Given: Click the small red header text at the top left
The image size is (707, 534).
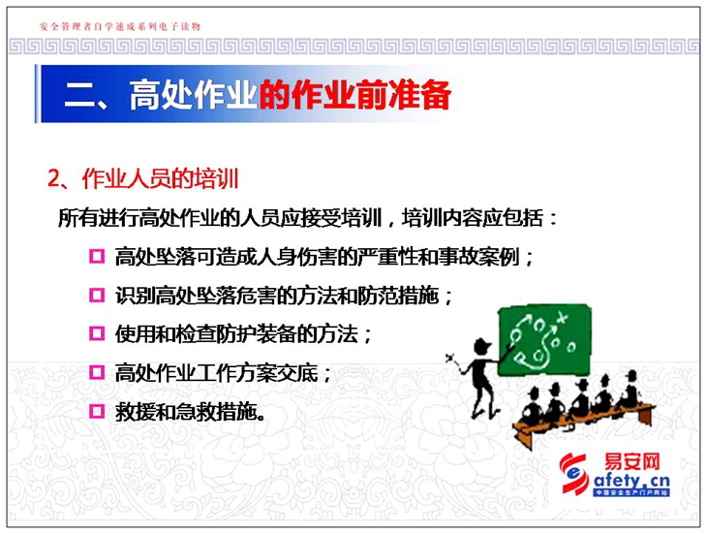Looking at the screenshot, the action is pos(120,26).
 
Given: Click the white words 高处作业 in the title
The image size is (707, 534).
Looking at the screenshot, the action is pos(193,95).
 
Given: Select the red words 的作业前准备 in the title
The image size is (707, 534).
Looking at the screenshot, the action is pos(354,95).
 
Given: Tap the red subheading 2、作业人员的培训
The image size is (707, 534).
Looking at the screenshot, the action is pos(143,178).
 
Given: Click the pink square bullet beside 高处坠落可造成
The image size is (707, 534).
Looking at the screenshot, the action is pos(97,256).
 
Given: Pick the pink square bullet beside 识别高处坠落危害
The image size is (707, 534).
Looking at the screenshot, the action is pos(97,295).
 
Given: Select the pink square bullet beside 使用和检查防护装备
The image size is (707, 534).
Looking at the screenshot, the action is pos(97,333).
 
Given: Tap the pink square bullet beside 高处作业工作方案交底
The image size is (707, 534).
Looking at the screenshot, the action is pos(97,372).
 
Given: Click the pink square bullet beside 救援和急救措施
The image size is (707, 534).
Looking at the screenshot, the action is pos(97,411).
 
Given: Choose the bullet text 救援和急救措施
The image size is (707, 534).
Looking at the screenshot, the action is pos(190,412).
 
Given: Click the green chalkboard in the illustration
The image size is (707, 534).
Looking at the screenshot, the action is pos(544,340).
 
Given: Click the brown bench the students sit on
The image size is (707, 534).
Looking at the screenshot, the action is pos(582,422).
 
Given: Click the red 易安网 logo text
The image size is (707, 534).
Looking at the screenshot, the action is pos(631,462).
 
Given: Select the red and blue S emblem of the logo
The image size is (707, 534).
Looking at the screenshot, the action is pos(574,474).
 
